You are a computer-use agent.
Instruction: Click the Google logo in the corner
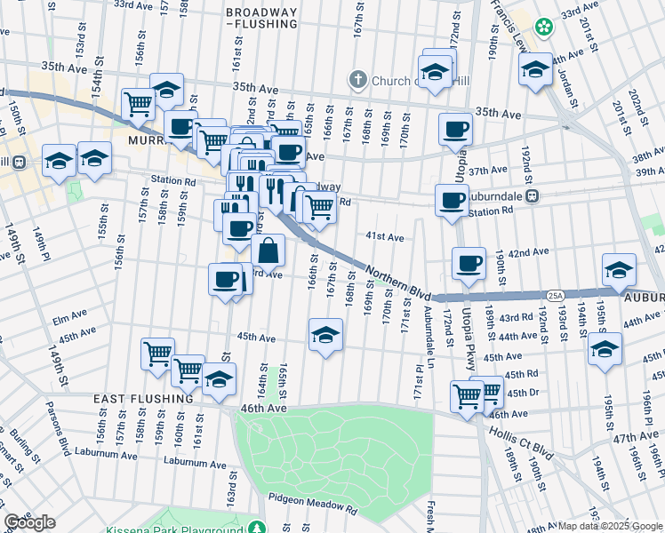tap(29, 522)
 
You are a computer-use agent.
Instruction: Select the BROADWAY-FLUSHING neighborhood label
tap(261, 18)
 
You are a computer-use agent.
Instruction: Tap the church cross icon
tap(358, 80)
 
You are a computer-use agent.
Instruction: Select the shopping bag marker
tap(268, 252)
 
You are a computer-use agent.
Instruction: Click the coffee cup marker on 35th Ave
tap(455, 130)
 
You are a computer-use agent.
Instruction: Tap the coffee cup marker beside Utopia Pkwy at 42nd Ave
tap(469, 264)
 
